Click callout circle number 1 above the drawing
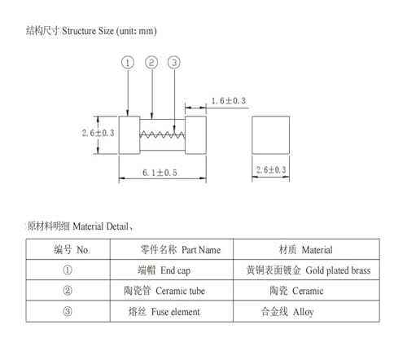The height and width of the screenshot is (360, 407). pos(128,63)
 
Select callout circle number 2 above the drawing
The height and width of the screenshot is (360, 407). pos(151,63)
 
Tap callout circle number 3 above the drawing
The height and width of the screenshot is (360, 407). pos(174,63)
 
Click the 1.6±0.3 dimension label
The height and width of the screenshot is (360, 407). pos(229,101)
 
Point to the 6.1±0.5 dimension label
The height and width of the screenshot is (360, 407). pos(160,173)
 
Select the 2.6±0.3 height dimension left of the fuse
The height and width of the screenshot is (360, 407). pos(98,133)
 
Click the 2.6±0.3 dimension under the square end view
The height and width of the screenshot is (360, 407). pos(271,170)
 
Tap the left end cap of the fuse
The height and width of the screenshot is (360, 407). pos(129,135)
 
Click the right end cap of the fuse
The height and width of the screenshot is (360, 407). pos(195,135)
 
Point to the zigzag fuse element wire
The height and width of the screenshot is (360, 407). pos(162,134)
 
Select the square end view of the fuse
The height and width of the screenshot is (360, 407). pos(270,135)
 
